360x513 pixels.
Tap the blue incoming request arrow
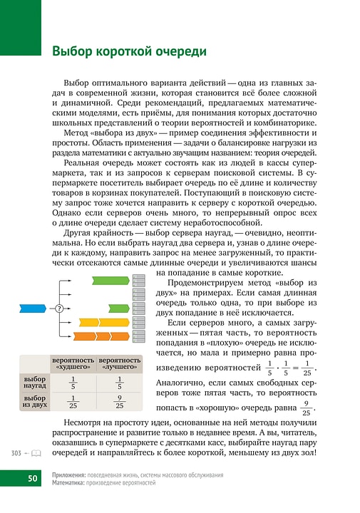31,308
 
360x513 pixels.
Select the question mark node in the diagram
58,308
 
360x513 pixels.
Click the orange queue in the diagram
96,336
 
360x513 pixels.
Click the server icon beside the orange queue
140,336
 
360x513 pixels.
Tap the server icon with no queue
140,308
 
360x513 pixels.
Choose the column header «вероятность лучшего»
119,365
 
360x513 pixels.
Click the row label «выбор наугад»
35,382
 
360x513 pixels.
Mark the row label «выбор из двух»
35,401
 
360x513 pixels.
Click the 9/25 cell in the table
119,401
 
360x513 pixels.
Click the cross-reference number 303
16,453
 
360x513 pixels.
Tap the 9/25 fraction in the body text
306,411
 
